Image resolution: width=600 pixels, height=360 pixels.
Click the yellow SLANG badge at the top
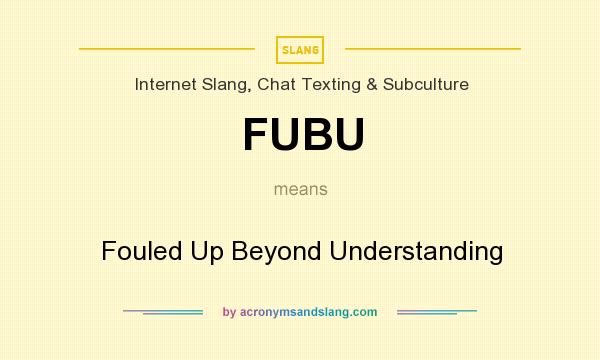(300, 49)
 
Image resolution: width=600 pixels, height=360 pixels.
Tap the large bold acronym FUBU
(302, 136)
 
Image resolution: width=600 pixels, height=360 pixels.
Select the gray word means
(301, 188)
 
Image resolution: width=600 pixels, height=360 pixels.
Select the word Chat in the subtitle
(276, 85)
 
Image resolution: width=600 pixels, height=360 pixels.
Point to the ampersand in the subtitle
(371, 85)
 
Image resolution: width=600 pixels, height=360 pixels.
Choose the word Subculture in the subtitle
(424, 85)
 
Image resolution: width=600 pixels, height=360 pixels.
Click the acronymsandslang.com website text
(309, 312)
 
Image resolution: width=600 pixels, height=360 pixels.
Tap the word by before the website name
(229, 312)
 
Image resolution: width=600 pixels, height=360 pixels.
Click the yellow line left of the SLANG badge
(167, 48)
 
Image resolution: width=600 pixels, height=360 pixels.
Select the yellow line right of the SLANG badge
(433, 48)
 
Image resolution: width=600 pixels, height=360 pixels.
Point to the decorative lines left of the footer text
(163, 312)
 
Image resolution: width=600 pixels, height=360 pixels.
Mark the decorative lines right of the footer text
(437, 312)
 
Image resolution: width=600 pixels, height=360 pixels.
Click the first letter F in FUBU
(257, 136)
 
